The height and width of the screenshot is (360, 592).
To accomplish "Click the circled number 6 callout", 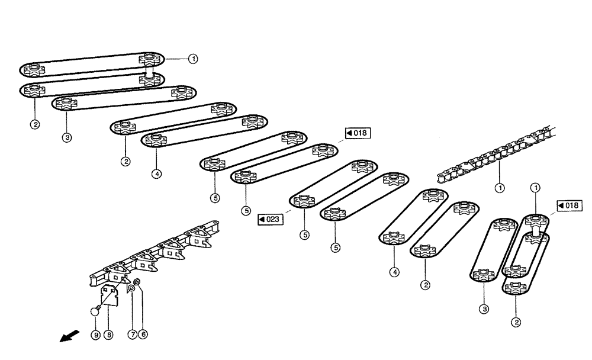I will click(x=143, y=334).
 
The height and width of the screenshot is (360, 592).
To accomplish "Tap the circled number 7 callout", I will click(x=133, y=334).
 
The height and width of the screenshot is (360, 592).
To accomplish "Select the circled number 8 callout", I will click(x=108, y=335).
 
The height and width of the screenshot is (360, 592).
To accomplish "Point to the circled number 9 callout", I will click(x=95, y=335).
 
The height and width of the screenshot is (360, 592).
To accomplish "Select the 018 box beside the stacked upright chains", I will click(x=569, y=205).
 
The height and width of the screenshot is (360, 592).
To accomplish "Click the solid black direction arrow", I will click(x=67, y=336).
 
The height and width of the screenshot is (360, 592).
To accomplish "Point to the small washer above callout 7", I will click(x=131, y=288).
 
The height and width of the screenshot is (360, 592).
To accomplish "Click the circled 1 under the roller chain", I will click(x=499, y=188).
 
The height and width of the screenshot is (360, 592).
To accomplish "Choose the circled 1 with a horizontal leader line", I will click(x=193, y=59).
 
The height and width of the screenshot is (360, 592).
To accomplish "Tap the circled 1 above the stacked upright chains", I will click(x=535, y=188).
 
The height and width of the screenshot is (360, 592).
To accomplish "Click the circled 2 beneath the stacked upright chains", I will click(x=516, y=322).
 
